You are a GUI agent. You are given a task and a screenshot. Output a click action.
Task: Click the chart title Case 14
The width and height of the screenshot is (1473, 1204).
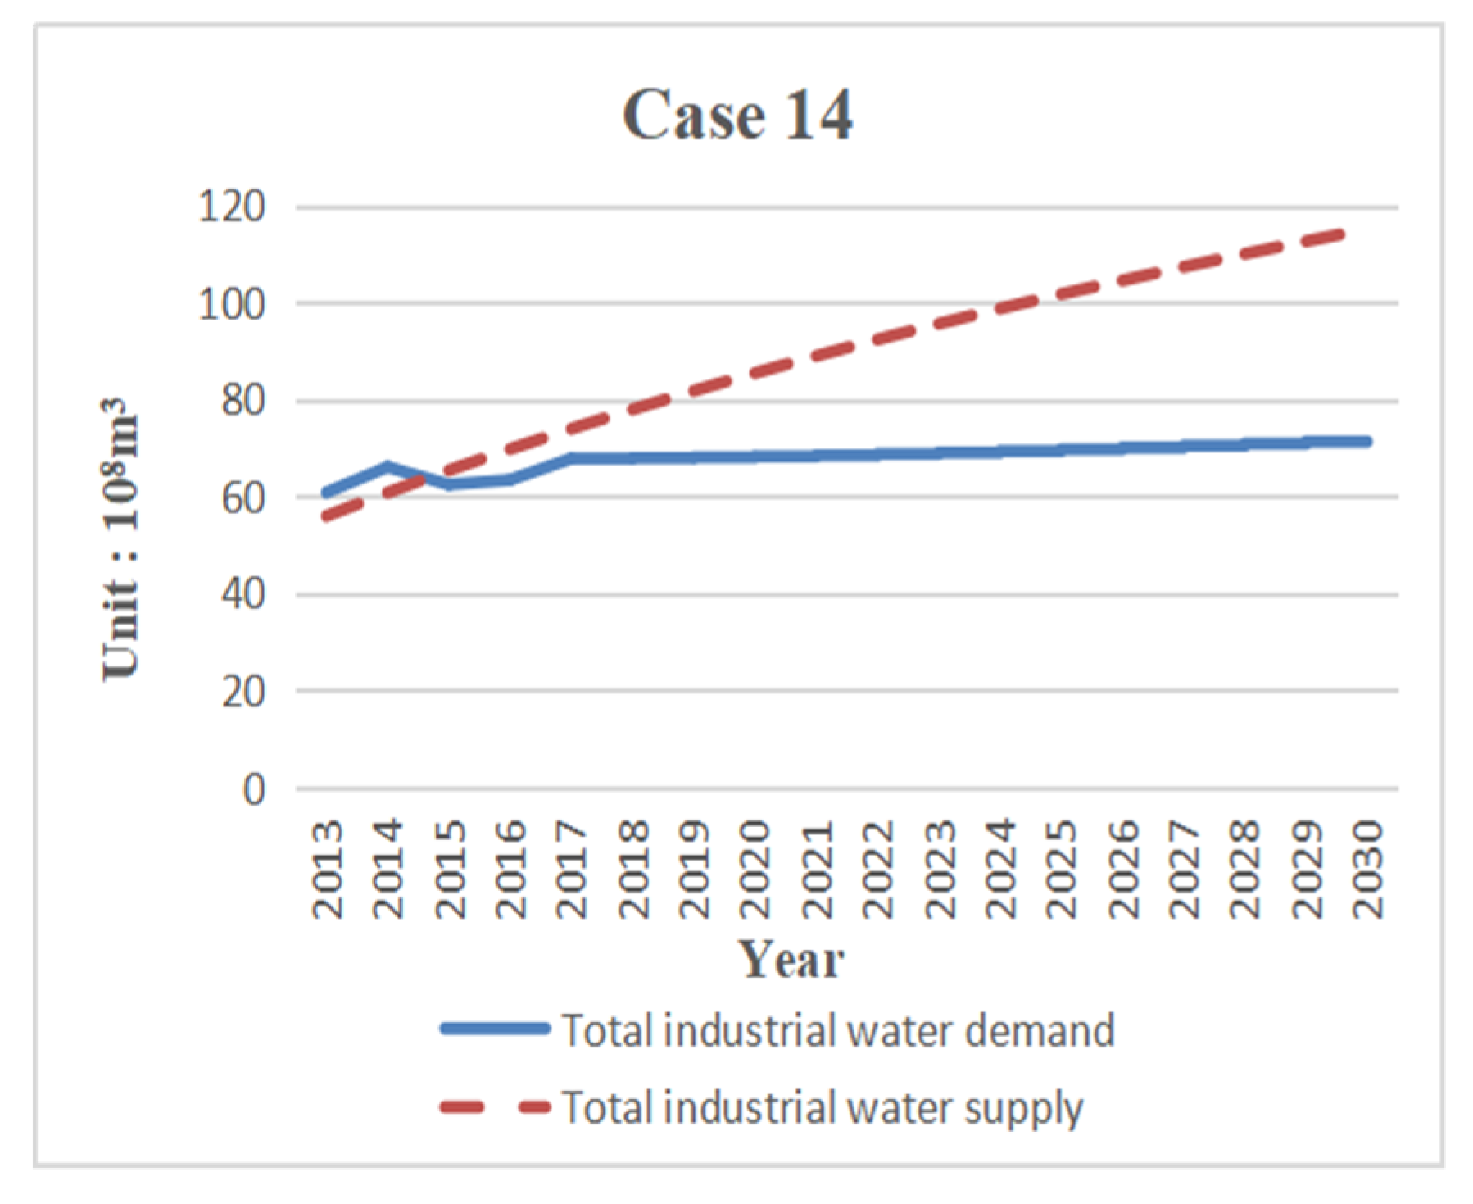pyautogui.click(x=736, y=116)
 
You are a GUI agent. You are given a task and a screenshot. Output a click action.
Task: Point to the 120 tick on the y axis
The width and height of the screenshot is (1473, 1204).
pyautogui.click(x=232, y=207)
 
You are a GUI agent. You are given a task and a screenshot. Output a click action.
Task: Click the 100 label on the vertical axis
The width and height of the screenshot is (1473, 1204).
pyautogui.click(x=232, y=305)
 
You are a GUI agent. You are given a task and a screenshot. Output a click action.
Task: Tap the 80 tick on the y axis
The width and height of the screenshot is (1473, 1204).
pyautogui.click(x=243, y=402)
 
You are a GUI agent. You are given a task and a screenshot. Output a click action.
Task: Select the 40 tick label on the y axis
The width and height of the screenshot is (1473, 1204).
pyautogui.click(x=243, y=594)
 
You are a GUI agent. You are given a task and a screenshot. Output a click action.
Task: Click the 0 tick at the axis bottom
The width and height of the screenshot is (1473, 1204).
pyautogui.click(x=255, y=789)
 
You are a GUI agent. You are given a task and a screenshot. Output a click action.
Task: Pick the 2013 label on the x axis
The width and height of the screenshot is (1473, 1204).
pyautogui.click(x=329, y=868)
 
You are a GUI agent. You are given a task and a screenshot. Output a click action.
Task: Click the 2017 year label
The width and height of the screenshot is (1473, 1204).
pyautogui.click(x=572, y=868)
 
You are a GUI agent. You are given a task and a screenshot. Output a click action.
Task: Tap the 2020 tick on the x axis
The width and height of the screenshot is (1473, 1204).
pyautogui.click(x=755, y=868)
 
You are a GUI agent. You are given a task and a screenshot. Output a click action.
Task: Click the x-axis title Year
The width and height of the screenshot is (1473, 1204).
pyautogui.click(x=791, y=959)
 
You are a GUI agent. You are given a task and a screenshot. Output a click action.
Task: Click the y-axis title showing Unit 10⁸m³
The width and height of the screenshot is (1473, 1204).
pyautogui.click(x=121, y=538)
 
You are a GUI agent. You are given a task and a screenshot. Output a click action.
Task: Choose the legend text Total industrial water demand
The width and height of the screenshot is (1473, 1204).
pyautogui.click(x=837, y=1030)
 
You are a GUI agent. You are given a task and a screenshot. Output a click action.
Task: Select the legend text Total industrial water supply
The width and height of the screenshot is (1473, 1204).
pyautogui.click(x=822, y=1108)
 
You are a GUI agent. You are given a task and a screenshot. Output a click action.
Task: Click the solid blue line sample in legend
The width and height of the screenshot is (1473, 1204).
pyautogui.click(x=495, y=1029)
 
